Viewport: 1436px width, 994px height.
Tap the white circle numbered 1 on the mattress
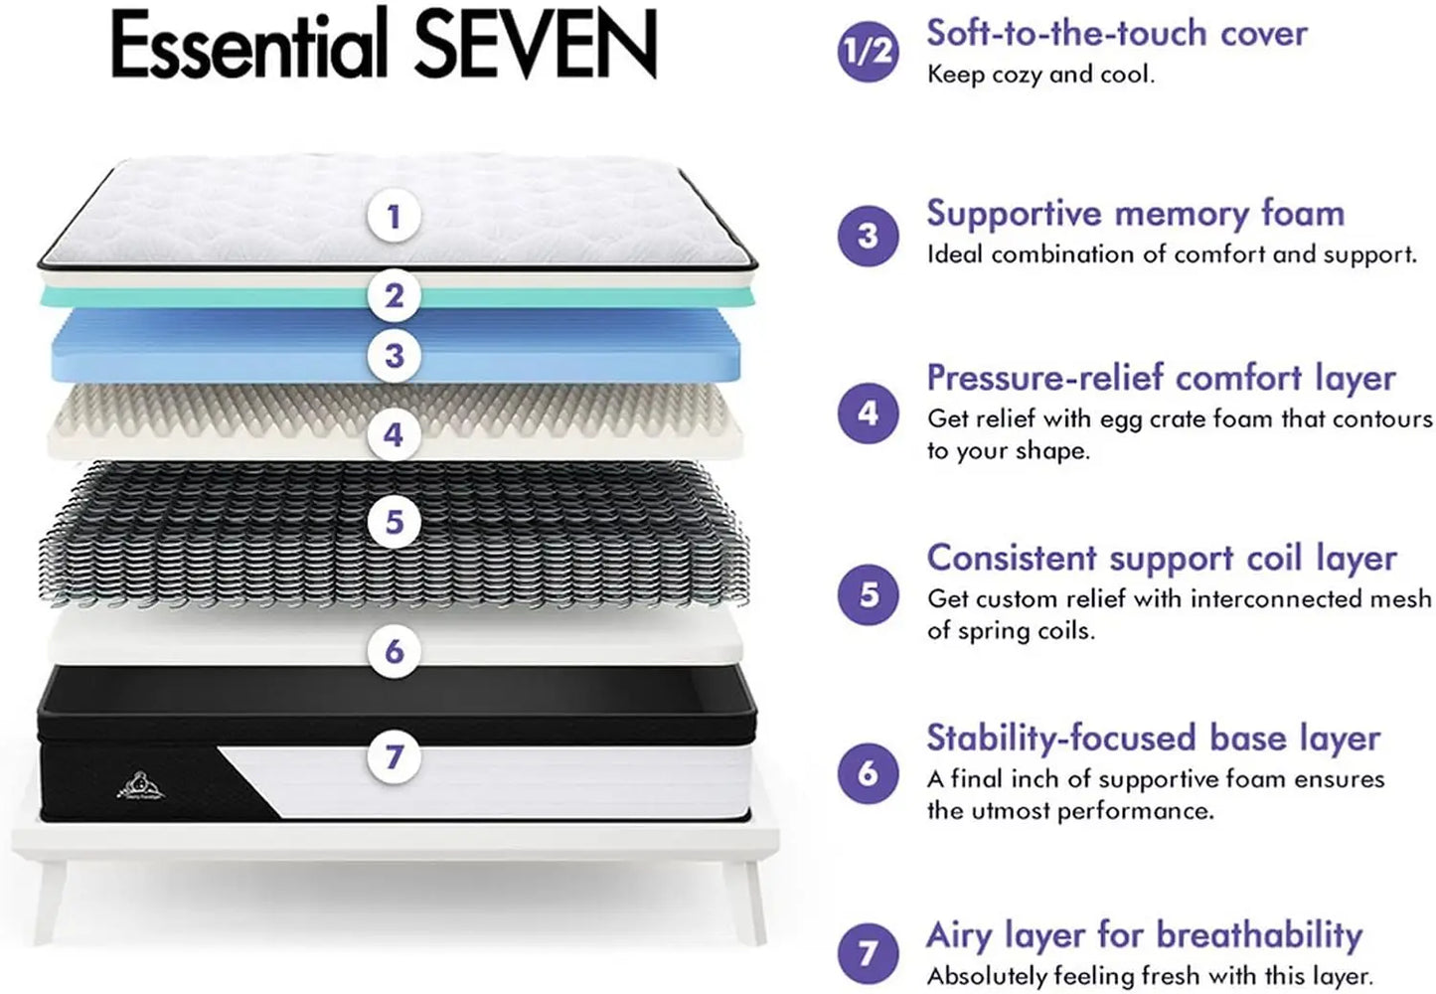[394, 216]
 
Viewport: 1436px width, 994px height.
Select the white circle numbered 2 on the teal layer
[394, 295]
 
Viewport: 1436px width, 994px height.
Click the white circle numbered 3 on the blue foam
[394, 355]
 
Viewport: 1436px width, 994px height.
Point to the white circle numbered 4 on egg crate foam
[394, 434]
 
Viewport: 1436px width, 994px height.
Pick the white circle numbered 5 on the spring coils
[394, 522]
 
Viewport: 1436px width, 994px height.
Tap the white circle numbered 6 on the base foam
[394, 651]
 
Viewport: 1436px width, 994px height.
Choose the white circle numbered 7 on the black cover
[394, 756]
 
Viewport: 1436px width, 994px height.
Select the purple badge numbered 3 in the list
[868, 236]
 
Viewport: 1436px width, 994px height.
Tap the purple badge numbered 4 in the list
[868, 413]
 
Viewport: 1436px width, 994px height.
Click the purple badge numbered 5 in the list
[868, 594]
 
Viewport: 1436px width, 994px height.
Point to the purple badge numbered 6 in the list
[868, 772]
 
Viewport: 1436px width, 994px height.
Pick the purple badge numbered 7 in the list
[868, 953]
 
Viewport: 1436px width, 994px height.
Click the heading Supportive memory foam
[1135, 214]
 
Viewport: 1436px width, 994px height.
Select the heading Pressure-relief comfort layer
[1161, 378]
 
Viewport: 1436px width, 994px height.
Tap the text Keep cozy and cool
[1040, 75]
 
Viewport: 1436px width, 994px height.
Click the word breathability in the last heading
[1259, 935]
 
